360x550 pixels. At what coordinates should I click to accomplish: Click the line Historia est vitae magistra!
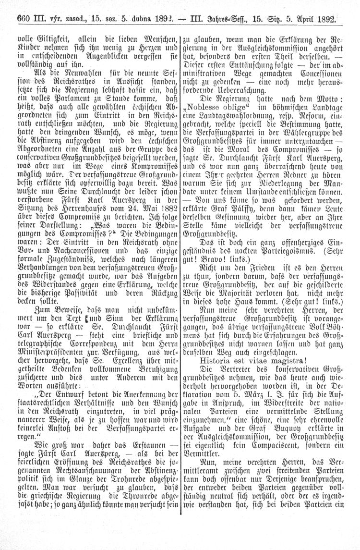[x=249, y=359]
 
